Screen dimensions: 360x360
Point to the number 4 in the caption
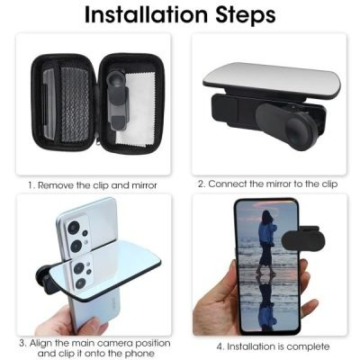coord(219,346)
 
